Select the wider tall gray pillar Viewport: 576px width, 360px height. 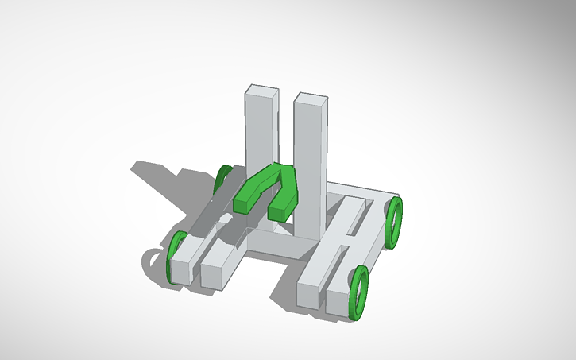click(x=309, y=159)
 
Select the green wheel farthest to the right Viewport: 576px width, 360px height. click(x=394, y=223)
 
